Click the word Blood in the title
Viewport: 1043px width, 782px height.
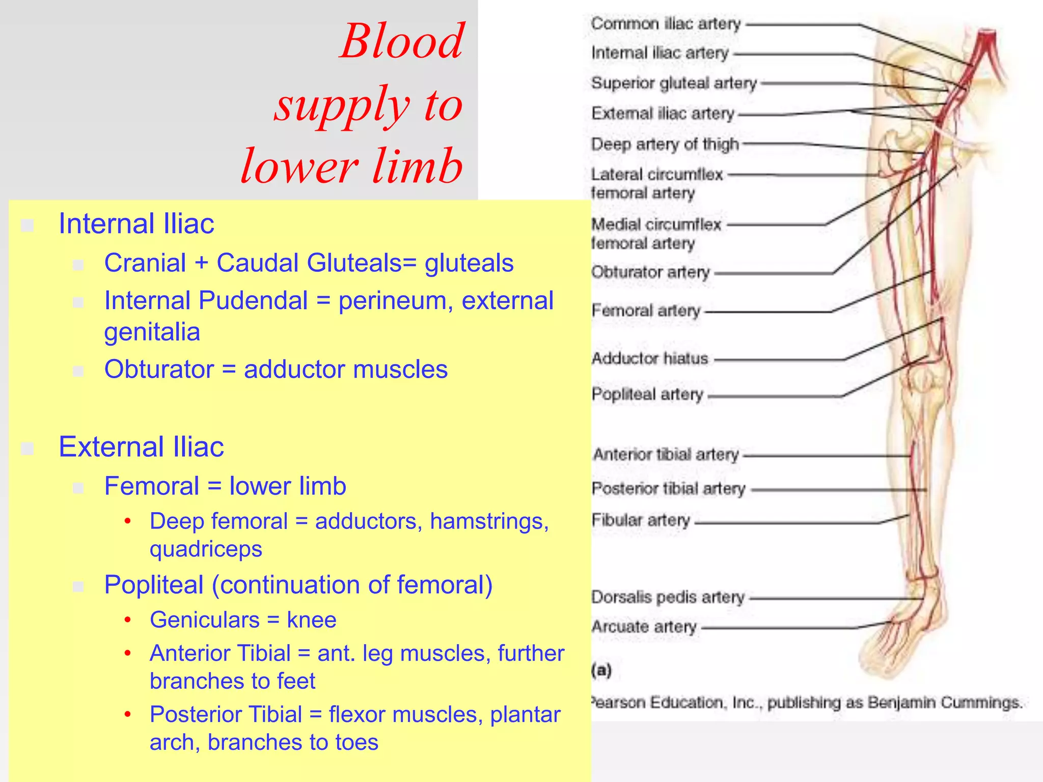(402, 42)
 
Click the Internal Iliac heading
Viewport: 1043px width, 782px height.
(136, 224)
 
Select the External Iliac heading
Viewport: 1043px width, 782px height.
(141, 447)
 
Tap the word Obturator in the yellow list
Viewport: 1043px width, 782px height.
(159, 370)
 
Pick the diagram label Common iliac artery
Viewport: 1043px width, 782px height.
(666, 24)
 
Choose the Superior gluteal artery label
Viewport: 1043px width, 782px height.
(674, 83)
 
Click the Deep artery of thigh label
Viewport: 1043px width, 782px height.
(665, 145)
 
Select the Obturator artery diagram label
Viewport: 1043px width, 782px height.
(650, 272)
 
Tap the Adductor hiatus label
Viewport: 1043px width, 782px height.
(650, 359)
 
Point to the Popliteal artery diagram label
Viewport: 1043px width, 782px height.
(647, 395)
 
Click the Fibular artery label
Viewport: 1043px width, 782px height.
(641, 520)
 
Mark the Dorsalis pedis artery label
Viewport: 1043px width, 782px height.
(668, 597)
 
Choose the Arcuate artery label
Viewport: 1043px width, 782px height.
(644, 627)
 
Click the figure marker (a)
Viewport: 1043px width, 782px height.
(601, 670)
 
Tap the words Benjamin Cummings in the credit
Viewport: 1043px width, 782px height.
(945, 703)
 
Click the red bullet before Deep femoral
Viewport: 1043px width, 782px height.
(128, 521)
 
